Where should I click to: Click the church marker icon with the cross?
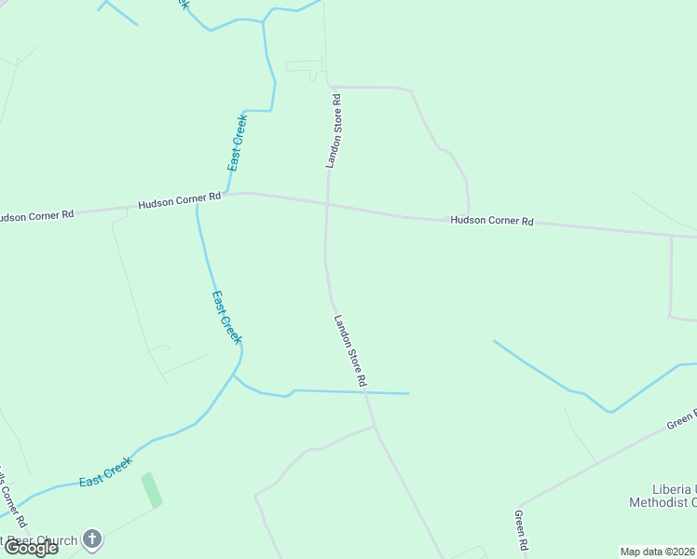[x=91, y=539]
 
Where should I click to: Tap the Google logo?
[x=31, y=548]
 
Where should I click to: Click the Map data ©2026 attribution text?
[x=658, y=552]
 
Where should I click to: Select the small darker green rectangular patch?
[x=151, y=490]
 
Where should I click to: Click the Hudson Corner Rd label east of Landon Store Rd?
[x=492, y=221]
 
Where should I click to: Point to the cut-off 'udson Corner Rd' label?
[x=36, y=215]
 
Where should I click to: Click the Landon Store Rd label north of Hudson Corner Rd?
[x=333, y=130]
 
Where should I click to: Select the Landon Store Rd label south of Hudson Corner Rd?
[x=351, y=350]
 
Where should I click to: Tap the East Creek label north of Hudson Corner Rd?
[x=238, y=143]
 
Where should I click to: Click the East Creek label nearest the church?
[x=105, y=471]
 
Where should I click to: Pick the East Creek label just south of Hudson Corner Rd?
[x=225, y=317]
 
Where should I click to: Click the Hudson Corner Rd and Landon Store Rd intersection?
[x=327, y=204]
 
